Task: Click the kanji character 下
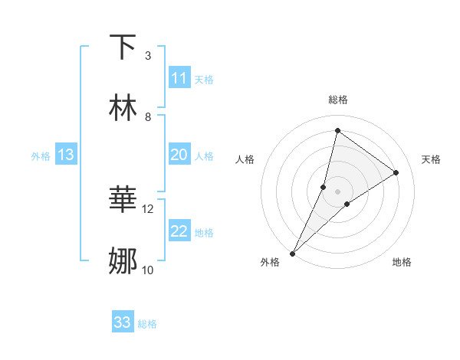tap(123, 47)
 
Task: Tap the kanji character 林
tap(123, 108)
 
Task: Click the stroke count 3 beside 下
tap(148, 56)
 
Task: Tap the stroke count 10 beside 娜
tap(148, 270)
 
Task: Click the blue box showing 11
tap(179, 78)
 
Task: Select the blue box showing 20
tap(179, 155)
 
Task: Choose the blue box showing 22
tap(179, 231)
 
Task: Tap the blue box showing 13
tap(66, 155)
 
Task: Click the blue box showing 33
tap(123, 322)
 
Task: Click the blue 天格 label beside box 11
tap(204, 79)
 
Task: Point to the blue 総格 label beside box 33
tap(147, 324)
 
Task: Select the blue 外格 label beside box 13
tap(41, 156)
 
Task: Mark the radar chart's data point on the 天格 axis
tap(396, 172)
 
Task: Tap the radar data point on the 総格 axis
tap(337, 131)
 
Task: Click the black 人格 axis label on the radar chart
tap(245, 159)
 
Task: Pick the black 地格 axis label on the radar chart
tap(402, 262)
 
